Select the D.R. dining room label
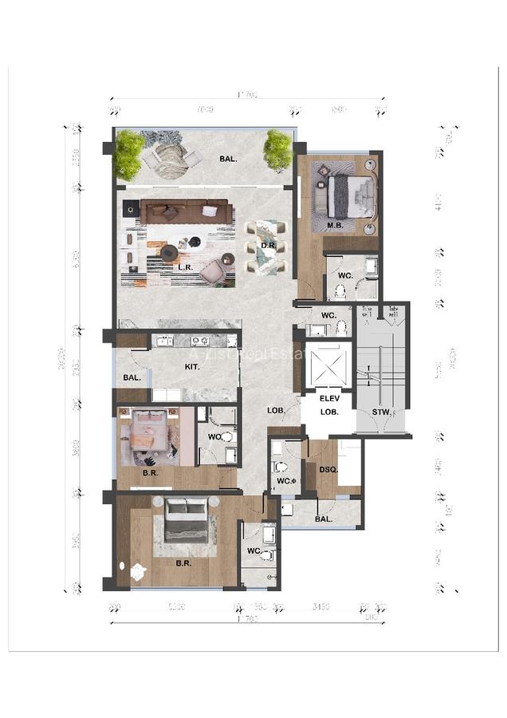269,246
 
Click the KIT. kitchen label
192,366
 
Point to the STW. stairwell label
381,412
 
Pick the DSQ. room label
328,470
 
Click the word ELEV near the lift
329,398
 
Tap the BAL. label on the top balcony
228,159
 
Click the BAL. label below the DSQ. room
323,519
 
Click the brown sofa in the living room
187,212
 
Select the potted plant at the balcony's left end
128,155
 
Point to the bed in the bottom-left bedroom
187,528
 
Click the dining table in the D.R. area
261,247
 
